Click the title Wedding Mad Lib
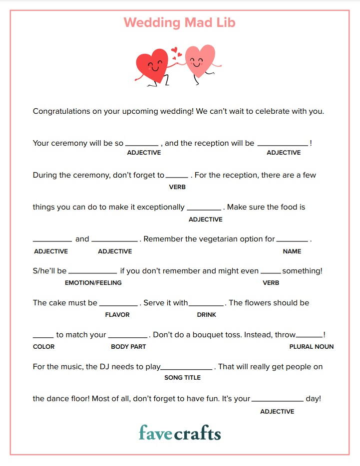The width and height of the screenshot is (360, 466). tap(179, 22)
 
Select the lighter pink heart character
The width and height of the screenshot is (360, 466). tap(200, 61)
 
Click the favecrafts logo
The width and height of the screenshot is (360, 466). tap(180, 433)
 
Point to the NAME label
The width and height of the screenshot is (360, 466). tap(292, 251)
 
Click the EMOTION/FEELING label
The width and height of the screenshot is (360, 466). tap(93, 283)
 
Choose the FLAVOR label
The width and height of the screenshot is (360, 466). tap(117, 315)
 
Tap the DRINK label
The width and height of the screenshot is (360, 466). tap(207, 315)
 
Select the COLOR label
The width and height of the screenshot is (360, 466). tap(44, 347)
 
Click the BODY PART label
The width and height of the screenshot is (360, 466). tap(128, 347)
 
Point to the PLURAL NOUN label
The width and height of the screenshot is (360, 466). tap(312, 347)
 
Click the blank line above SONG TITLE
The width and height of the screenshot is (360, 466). tap(187, 370)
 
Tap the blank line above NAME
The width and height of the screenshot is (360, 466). tap(293, 242)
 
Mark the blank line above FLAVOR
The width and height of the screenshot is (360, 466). tap(118, 306)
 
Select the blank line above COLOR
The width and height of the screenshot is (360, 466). tap(43, 338)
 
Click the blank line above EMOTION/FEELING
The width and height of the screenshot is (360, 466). tap(93, 274)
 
